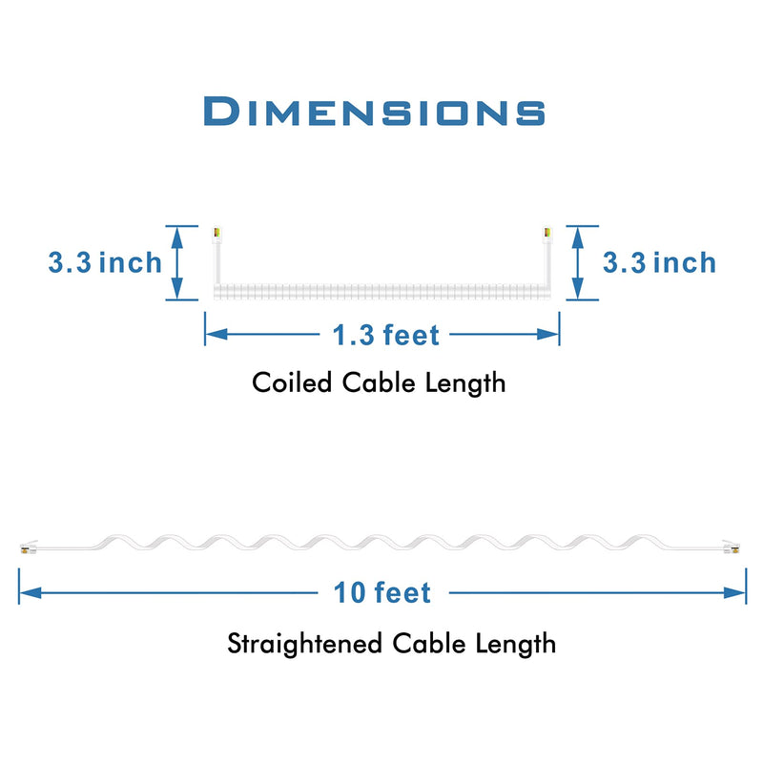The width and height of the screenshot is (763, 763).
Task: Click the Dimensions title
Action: tap(374, 112)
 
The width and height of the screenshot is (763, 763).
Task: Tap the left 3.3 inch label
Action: tap(105, 263)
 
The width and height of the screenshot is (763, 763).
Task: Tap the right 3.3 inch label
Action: tap(659, 263)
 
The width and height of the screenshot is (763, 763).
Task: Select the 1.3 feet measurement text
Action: tap(386, 335)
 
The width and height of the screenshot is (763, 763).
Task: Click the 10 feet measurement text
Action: tap(382, 592)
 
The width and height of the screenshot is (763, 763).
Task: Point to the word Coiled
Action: tap(292, 382)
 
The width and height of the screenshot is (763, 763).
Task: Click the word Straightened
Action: tap(304, 644)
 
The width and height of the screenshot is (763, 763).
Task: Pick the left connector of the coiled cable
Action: tap(217, 235)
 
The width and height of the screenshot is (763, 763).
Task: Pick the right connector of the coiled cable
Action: tap(547, 235)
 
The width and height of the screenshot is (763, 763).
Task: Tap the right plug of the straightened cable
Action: tap(732, 547)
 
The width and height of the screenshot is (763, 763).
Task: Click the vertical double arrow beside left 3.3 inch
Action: tap(177, 263)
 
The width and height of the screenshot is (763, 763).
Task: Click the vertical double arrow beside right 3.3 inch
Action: tap(578, 263)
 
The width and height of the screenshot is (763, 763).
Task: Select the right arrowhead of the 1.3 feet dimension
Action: tap(547, 335)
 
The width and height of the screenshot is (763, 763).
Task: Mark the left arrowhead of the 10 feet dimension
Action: tap(31, 592)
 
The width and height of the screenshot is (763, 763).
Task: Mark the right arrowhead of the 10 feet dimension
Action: tap(734, 592)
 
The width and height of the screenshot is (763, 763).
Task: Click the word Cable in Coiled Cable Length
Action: tap(379, 382)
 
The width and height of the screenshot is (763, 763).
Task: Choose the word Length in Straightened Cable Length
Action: tap(515, 645)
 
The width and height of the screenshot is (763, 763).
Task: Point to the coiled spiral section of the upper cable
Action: tap(382, 291)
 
